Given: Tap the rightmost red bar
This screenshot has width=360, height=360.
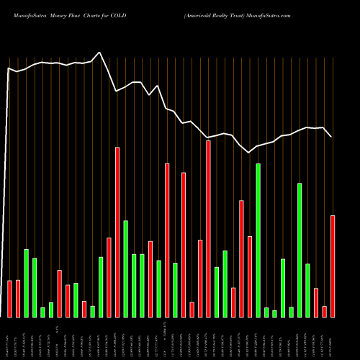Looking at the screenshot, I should (333, 266).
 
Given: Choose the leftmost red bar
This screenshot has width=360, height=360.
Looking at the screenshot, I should (10, 298).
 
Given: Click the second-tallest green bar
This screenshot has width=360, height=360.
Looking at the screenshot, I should (300, 250).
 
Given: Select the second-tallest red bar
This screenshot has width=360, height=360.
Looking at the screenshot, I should (117, 232).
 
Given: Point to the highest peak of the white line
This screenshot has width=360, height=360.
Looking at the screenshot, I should (100, 52).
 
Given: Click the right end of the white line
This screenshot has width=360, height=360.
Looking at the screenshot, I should (331, 137).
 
